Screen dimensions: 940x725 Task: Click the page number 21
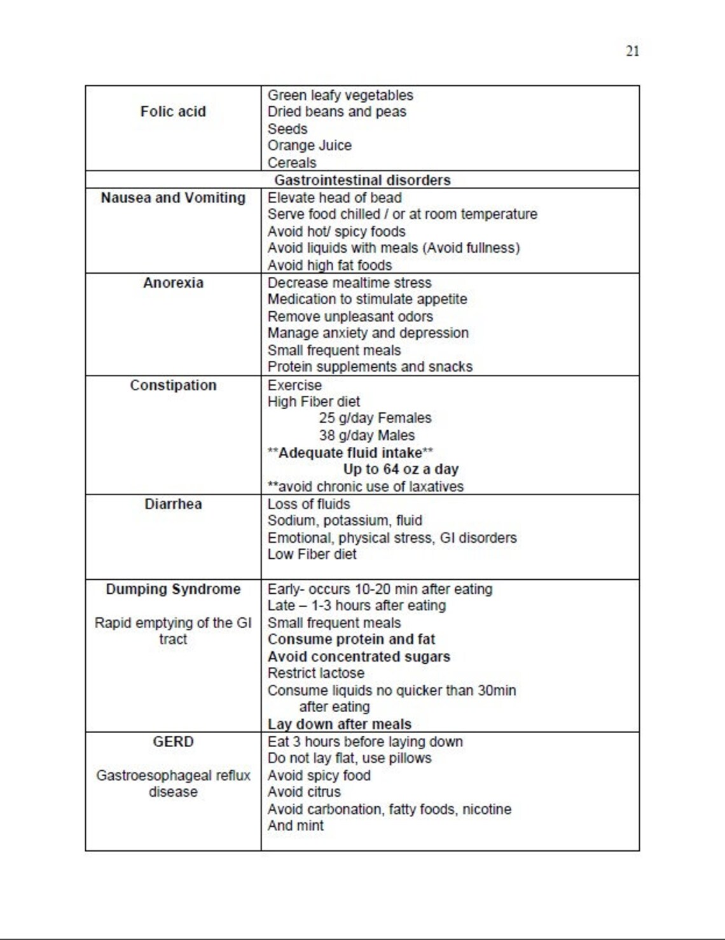632,52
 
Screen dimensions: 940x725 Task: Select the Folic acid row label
173,112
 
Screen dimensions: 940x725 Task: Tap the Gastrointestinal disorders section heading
362,180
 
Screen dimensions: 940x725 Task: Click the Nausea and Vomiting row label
173,198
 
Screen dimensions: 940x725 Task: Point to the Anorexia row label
173,283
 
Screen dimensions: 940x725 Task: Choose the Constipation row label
173,386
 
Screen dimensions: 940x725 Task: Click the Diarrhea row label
173,505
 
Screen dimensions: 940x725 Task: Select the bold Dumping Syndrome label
173,589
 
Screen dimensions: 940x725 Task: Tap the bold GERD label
173,742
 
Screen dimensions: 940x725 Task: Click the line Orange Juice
309,146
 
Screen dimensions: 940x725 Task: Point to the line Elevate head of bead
335,198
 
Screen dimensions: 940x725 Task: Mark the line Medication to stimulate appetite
367,300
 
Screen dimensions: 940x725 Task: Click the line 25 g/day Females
375,418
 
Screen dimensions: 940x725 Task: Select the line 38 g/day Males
366,436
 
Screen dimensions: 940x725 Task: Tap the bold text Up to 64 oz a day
401,470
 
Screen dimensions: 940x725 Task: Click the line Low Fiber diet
312,554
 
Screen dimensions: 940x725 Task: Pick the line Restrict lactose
315,673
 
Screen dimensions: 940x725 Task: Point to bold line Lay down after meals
339,724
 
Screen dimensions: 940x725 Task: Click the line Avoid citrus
304,792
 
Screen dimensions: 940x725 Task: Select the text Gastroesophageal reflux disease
173,784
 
